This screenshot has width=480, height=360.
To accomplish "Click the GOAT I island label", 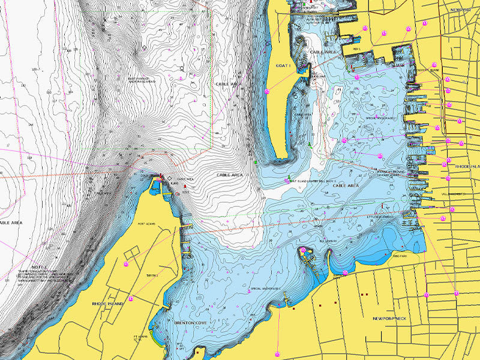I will (282, 65).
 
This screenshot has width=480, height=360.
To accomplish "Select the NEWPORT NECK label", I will (390, 318).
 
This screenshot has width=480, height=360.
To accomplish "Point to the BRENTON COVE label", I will (190, 323).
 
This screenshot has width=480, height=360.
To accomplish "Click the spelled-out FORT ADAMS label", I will (147, 224).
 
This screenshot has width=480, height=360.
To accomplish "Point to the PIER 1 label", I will (357, 49).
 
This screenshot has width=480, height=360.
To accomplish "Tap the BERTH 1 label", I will (152, 275).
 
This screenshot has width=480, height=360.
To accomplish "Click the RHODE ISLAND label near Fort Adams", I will (108, 304).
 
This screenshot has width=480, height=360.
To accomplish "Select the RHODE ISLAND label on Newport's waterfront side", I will (466, 166).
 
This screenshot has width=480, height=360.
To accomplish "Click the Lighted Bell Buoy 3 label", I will (313, 180).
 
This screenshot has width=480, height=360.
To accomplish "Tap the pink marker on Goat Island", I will (267, 91).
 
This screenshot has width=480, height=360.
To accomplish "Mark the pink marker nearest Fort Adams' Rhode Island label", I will (127, 263).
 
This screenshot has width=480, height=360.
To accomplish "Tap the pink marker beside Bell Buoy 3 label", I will (286, 179).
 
